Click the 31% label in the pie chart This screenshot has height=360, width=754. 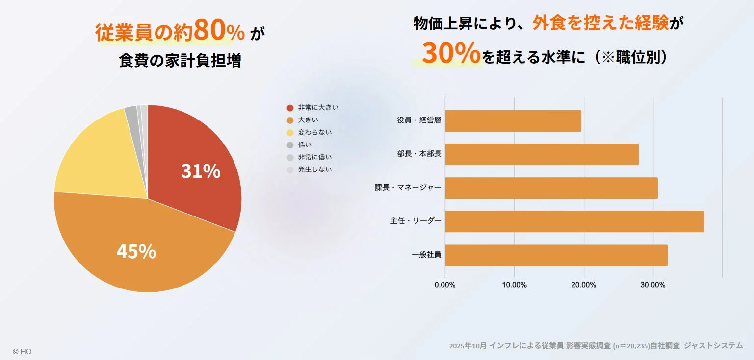pos(201,171)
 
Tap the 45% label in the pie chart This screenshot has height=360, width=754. pos(136,251)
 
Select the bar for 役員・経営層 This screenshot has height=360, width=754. pos(513,121)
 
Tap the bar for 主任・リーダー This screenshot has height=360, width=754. pos(574,221)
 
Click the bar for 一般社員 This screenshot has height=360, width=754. pos(556,255)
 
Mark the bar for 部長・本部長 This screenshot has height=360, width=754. pos(542,154)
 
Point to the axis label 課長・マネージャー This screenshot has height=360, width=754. pos(408,188)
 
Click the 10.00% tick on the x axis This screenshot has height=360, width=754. pos(514,285)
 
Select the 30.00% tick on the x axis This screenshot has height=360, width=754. pos(653,285)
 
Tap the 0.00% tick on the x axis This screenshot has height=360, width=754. pos(445,285)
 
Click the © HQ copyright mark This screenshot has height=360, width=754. pos(22,352)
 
